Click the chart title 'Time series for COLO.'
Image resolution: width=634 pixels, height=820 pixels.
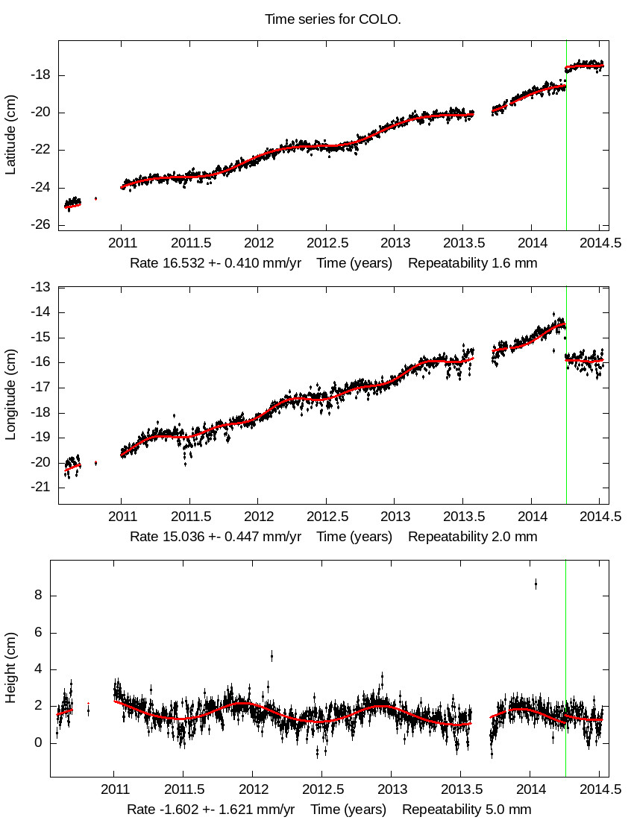click(x=333, y=19)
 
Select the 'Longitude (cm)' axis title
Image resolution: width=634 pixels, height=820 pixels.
click(x=10, y=395)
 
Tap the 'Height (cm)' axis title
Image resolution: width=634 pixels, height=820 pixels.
click(x=10, y=668)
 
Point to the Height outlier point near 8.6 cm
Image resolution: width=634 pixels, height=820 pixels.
click(x=536, y=584)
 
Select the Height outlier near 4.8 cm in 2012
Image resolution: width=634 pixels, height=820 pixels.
click(x=272, y=656)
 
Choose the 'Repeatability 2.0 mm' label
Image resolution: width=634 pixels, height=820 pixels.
click(x=472, y=536)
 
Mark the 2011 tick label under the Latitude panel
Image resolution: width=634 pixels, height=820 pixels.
click(x=122, y=243)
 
